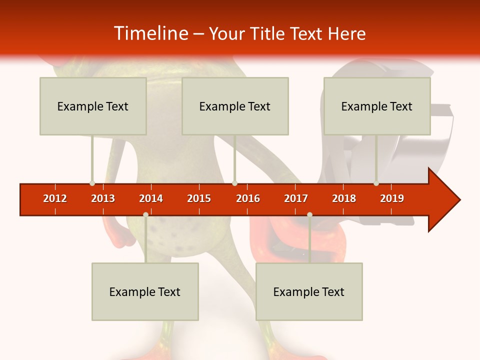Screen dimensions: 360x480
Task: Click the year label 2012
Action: [55, 198]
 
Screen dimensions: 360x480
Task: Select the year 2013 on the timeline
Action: [103, 198]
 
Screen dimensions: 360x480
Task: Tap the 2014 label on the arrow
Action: [151, 198]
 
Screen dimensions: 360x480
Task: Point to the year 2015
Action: [199, 198]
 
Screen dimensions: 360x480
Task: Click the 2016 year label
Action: [248, 198]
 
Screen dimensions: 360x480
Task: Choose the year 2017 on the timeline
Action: [296, 198]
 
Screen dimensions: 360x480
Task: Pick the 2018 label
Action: [344, 198]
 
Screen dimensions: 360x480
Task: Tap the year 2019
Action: [392, 198]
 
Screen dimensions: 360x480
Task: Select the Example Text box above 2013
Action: [93, 106]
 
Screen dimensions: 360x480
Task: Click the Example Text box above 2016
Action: [235, 106]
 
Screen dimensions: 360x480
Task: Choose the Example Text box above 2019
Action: [377, 106]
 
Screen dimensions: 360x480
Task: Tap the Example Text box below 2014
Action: [145, 291]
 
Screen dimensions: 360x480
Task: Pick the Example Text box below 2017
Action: [309, 291]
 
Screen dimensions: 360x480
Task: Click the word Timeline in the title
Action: [150, 33]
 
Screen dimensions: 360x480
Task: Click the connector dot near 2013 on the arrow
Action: [92, 183]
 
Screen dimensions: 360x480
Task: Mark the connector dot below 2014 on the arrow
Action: [145, 214]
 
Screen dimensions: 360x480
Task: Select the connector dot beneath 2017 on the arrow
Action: [309, 214]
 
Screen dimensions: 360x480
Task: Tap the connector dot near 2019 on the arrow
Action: [376, 183]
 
